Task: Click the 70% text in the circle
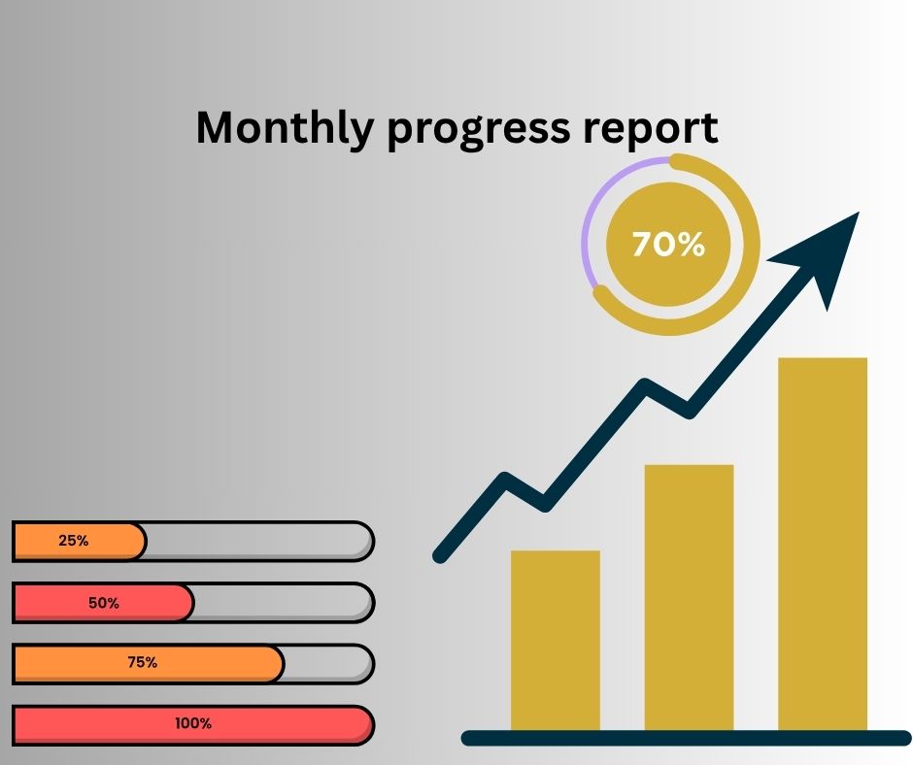(x=668, y=244)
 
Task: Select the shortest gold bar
(x=555, y=640)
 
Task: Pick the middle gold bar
(x=689, y=597)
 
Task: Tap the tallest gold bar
(x=822, y=544)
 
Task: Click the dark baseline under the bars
(x=686, y=738)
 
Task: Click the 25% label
(x=74, y=541)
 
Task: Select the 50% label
(x=104, y=603)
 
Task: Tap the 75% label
(x=143, y=662)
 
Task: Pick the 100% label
(x=193, y=723)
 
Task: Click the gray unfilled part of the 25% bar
(x=257, y=542)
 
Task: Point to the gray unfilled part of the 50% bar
(x=282, y=603)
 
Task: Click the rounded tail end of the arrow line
(x=441, y=555)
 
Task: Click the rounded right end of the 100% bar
(x=364, y=725)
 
